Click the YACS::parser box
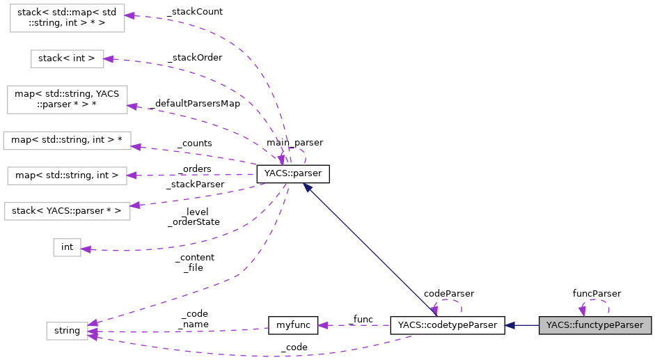292,174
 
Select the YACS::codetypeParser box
447,325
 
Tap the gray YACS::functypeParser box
595,325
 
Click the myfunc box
293,325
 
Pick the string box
67,331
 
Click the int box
67,246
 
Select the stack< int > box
67,58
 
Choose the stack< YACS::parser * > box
67,210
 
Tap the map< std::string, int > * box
67,141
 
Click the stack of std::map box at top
67,17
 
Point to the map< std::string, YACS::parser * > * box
67,100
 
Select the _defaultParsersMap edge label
194,104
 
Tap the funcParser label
597,294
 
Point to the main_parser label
294,143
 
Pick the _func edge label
362,319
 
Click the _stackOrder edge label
195,58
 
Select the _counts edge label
194,143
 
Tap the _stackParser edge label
195,185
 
